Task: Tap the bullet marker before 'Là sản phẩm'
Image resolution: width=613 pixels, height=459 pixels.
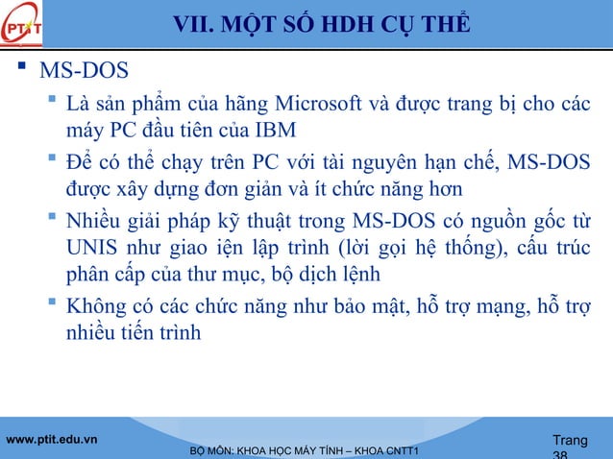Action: click(53, 102)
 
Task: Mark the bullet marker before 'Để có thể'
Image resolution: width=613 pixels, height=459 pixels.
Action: click(53, 158)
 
